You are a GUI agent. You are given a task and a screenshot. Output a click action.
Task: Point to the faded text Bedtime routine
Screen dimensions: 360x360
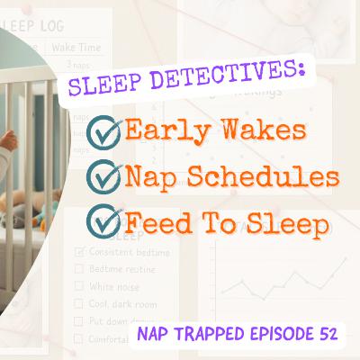coord(118,268)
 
